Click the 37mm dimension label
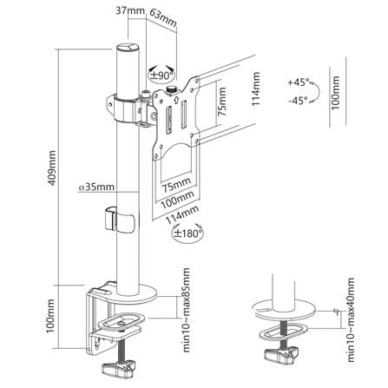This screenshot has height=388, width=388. (x=130, y=10)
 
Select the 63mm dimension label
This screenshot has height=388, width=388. (x=163, y=18)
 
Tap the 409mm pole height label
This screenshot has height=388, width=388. (x=52, y=168)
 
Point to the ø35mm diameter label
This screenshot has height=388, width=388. (x=96, y=187)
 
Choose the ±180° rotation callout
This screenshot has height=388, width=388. (x=187, y=233)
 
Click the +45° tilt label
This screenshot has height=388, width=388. (x=299, y=82)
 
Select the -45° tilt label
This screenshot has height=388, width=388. (x=298, y=101)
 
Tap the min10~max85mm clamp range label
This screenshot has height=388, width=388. (x=187, y=310)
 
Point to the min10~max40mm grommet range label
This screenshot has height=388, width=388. (x=351, y=319)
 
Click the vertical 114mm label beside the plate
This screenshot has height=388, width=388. (x=256, y=89)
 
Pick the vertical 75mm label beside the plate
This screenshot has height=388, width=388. (x=222, y=102)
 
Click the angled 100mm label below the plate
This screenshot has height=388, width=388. (x=177, y=200)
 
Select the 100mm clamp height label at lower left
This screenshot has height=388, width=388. (x=50, y=316)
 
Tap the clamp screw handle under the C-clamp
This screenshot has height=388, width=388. (x=119, y=368)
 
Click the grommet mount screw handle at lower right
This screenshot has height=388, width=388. (x=281, y=355)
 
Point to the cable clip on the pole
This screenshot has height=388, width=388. (x=119, y=219)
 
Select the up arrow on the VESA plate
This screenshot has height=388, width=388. (x=176, y=100)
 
